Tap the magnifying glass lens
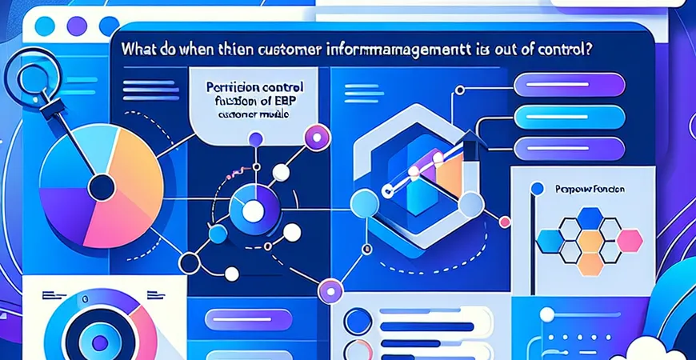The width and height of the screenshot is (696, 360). point(30,77)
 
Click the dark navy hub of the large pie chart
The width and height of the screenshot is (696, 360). point(102,189)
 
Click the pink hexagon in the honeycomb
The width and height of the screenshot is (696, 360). point(630,238)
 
